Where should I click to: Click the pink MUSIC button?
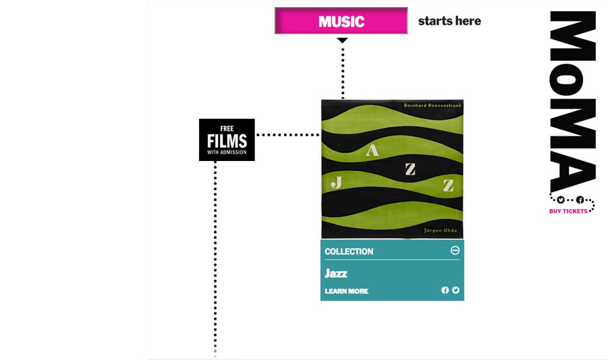341,21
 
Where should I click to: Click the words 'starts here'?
449,21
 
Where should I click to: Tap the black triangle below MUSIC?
342,40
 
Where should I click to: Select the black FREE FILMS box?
227,140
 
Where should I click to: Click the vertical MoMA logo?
572,101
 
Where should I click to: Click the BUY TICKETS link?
568,211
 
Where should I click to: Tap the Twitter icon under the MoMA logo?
560,200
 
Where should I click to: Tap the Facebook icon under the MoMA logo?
580,200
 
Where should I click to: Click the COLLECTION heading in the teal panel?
349,251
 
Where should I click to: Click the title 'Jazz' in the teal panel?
336,273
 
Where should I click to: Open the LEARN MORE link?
346,291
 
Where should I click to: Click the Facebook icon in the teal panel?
445,290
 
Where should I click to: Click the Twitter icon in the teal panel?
456,290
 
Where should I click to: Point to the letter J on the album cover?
336,182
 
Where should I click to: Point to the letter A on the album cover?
372,150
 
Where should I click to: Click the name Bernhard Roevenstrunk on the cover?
432,105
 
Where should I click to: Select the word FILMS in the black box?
227,141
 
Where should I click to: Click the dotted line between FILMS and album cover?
288,135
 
